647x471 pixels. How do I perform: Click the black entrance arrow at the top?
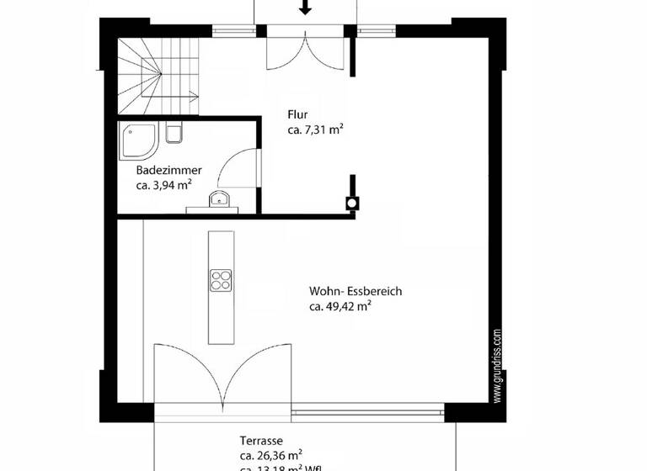[x=305, y=8]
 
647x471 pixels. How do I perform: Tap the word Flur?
[x=297, y=115]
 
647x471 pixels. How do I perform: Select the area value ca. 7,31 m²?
[x=315, y=130]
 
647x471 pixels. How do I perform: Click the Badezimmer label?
[x=168, y=171]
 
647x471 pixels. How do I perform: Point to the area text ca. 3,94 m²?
[x=164, y=186]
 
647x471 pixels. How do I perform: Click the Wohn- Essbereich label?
[x=356, y=292]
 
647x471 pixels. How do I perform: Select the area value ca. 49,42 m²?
[x=340, y=307]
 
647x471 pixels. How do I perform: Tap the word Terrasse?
[x=260, y=441]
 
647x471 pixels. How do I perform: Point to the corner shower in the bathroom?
[x=139, y=141]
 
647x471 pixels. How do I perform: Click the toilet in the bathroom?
[x=174, y=133]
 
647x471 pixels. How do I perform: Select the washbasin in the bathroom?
[x=219, y=199]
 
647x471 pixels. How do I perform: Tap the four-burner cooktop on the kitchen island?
[x=221, y=279]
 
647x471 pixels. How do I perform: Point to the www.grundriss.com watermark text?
[x=498, y=366]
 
